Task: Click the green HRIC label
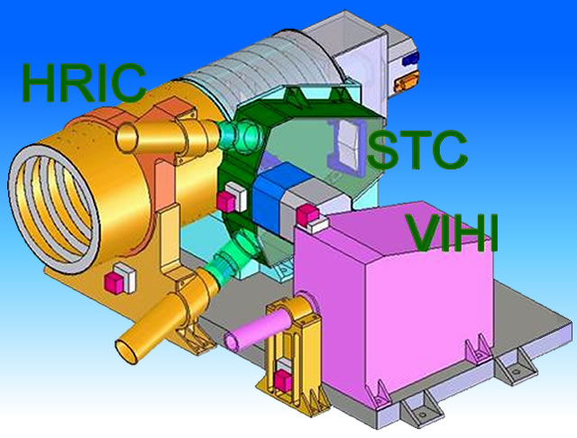click(x=84, y=83)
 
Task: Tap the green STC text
click(x=417, y=150)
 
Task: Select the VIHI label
click(x=453, y=233)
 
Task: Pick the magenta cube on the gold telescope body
click(x=114, y=283)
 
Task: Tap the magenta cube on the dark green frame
click(x=226, y=202)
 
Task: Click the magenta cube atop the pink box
click(x=307, y=215)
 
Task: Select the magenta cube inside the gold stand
click(x=283, y=380)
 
